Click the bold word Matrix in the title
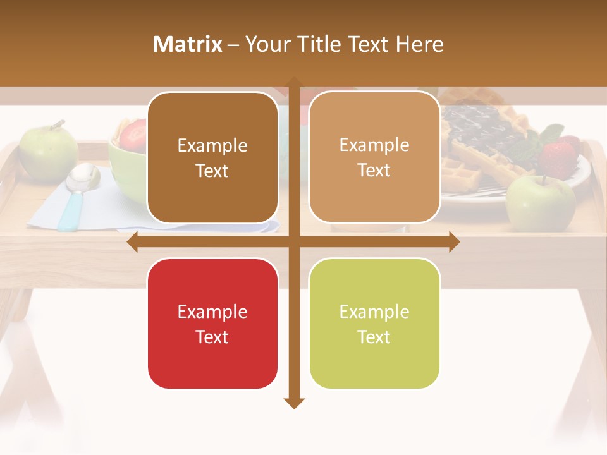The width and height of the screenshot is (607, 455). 187,44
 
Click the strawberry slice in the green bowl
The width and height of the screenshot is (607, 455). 133,134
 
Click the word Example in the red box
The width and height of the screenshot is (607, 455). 212,312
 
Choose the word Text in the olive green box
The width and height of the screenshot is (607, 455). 374,337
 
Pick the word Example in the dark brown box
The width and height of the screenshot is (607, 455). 212,146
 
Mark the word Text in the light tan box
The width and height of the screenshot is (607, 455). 374,171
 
